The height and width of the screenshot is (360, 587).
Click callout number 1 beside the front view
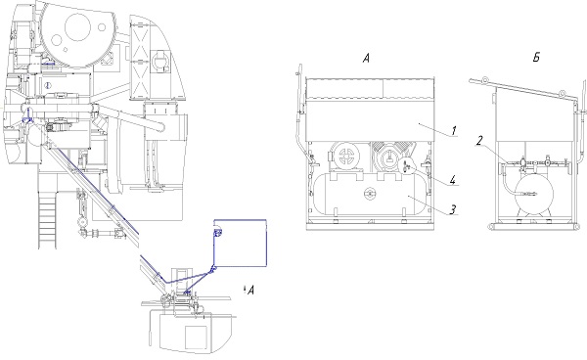pos(453,131)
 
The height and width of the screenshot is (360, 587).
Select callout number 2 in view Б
pos(480,141)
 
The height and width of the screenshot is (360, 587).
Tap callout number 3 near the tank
pos(453,209)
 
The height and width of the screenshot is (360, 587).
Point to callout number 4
pos(453,180)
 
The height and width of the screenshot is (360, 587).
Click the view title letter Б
pos(536,58)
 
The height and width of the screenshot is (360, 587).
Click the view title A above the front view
pos(366,58)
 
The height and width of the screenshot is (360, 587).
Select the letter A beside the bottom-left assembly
pos(250,290)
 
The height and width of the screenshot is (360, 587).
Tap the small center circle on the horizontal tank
pos(370,194)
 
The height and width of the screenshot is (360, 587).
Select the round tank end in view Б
pos(534,195)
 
